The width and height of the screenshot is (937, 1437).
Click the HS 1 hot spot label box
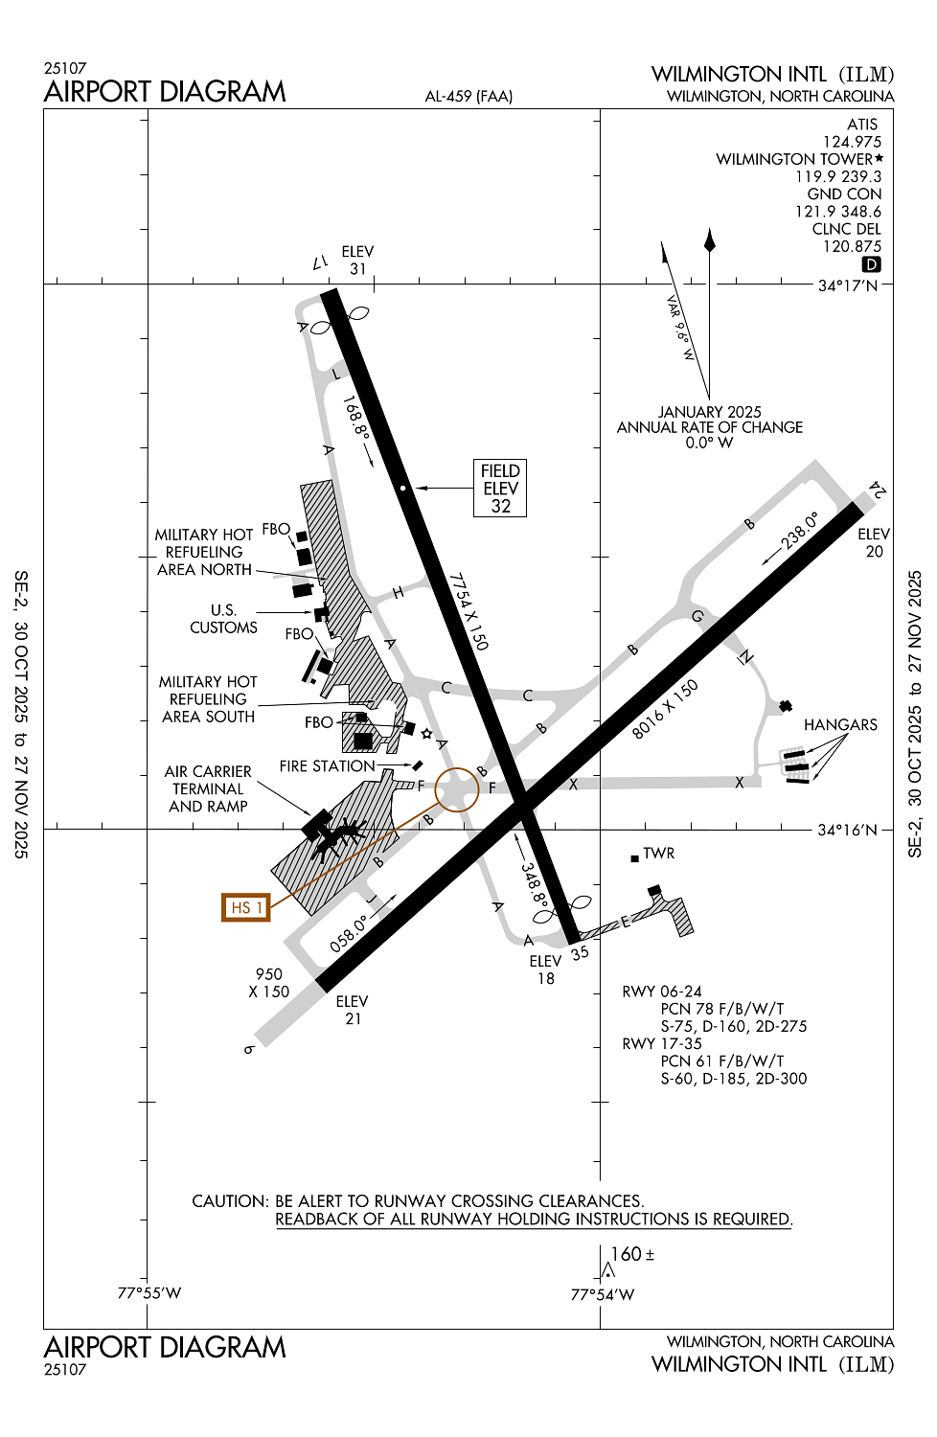tap(245, 906)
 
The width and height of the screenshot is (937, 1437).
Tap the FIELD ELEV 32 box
tap(500, 489)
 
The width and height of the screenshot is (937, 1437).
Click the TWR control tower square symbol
tap(634, 858)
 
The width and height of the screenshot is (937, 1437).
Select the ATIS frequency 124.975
tap(852, 142)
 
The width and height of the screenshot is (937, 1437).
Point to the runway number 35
tap(580, 953)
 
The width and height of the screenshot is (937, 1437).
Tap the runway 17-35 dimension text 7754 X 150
tap(469, 611)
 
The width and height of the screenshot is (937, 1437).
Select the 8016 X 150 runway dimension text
tap(665, 709)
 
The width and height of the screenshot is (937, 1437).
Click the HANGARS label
tap(840, 724)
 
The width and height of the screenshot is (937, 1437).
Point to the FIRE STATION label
tap(327, 766)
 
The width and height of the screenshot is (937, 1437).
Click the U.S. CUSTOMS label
tap(223, 619)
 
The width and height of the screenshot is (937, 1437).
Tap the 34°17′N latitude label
tap(847, 285)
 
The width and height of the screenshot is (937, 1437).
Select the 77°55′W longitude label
tap(149, 1293)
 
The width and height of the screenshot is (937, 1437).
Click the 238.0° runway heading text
tap(800, 530)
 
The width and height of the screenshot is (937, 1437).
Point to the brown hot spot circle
tap(457, 789)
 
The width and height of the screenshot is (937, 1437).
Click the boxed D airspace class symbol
tap(871, 264)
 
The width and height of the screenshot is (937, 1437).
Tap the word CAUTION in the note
tap(229, 1201)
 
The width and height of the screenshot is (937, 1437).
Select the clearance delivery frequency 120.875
tap(852, 246)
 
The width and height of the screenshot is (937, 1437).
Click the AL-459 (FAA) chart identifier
tap(468, 96)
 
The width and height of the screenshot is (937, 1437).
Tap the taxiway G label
tap(697, 616)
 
